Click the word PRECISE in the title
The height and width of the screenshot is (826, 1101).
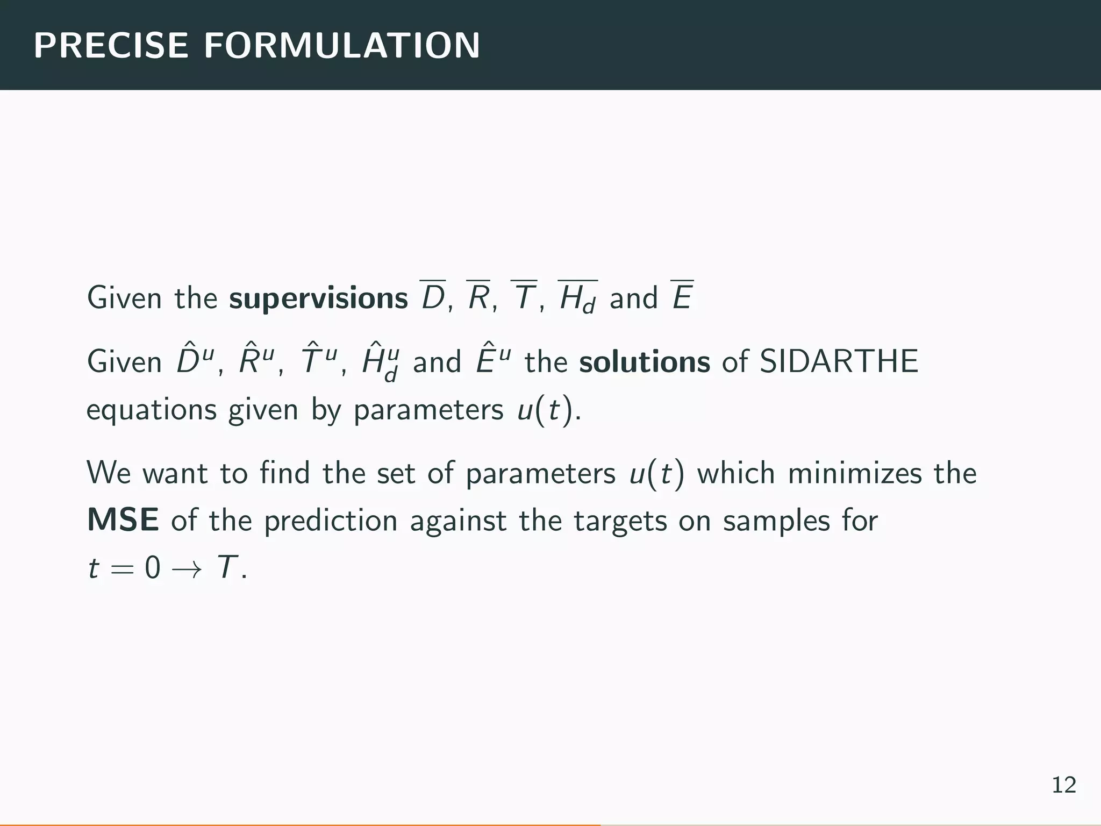[111, 46]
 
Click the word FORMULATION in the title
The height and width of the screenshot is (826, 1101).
[342, 46]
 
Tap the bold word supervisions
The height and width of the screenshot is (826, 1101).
[318, 298]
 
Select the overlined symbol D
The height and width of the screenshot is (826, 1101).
[433, 297]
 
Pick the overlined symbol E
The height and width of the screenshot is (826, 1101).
[682, 297]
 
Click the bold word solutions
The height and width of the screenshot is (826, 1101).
[645, 362]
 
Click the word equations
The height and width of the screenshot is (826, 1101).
[151, 410]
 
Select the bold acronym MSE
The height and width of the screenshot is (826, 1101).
[123, 520]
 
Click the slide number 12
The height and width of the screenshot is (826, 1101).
[1063, 786]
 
